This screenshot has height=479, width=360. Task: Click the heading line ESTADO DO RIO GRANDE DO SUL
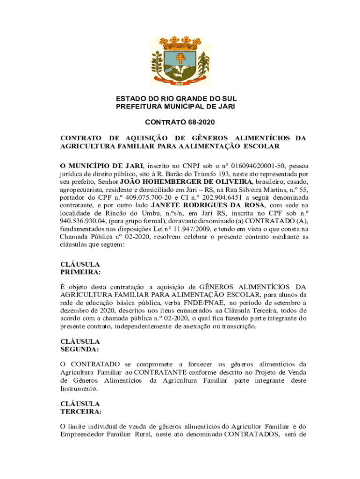[x=176, y=99]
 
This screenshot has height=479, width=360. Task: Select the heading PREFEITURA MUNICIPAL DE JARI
[x=175, y=107]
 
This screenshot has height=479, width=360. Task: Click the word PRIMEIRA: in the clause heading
[x=80, y=272]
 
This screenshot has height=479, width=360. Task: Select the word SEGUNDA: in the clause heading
[x=79, y=349]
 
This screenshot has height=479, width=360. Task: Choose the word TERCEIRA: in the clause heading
[x=80, y=411]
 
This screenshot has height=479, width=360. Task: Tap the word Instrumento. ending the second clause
[x=79, y=389]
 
